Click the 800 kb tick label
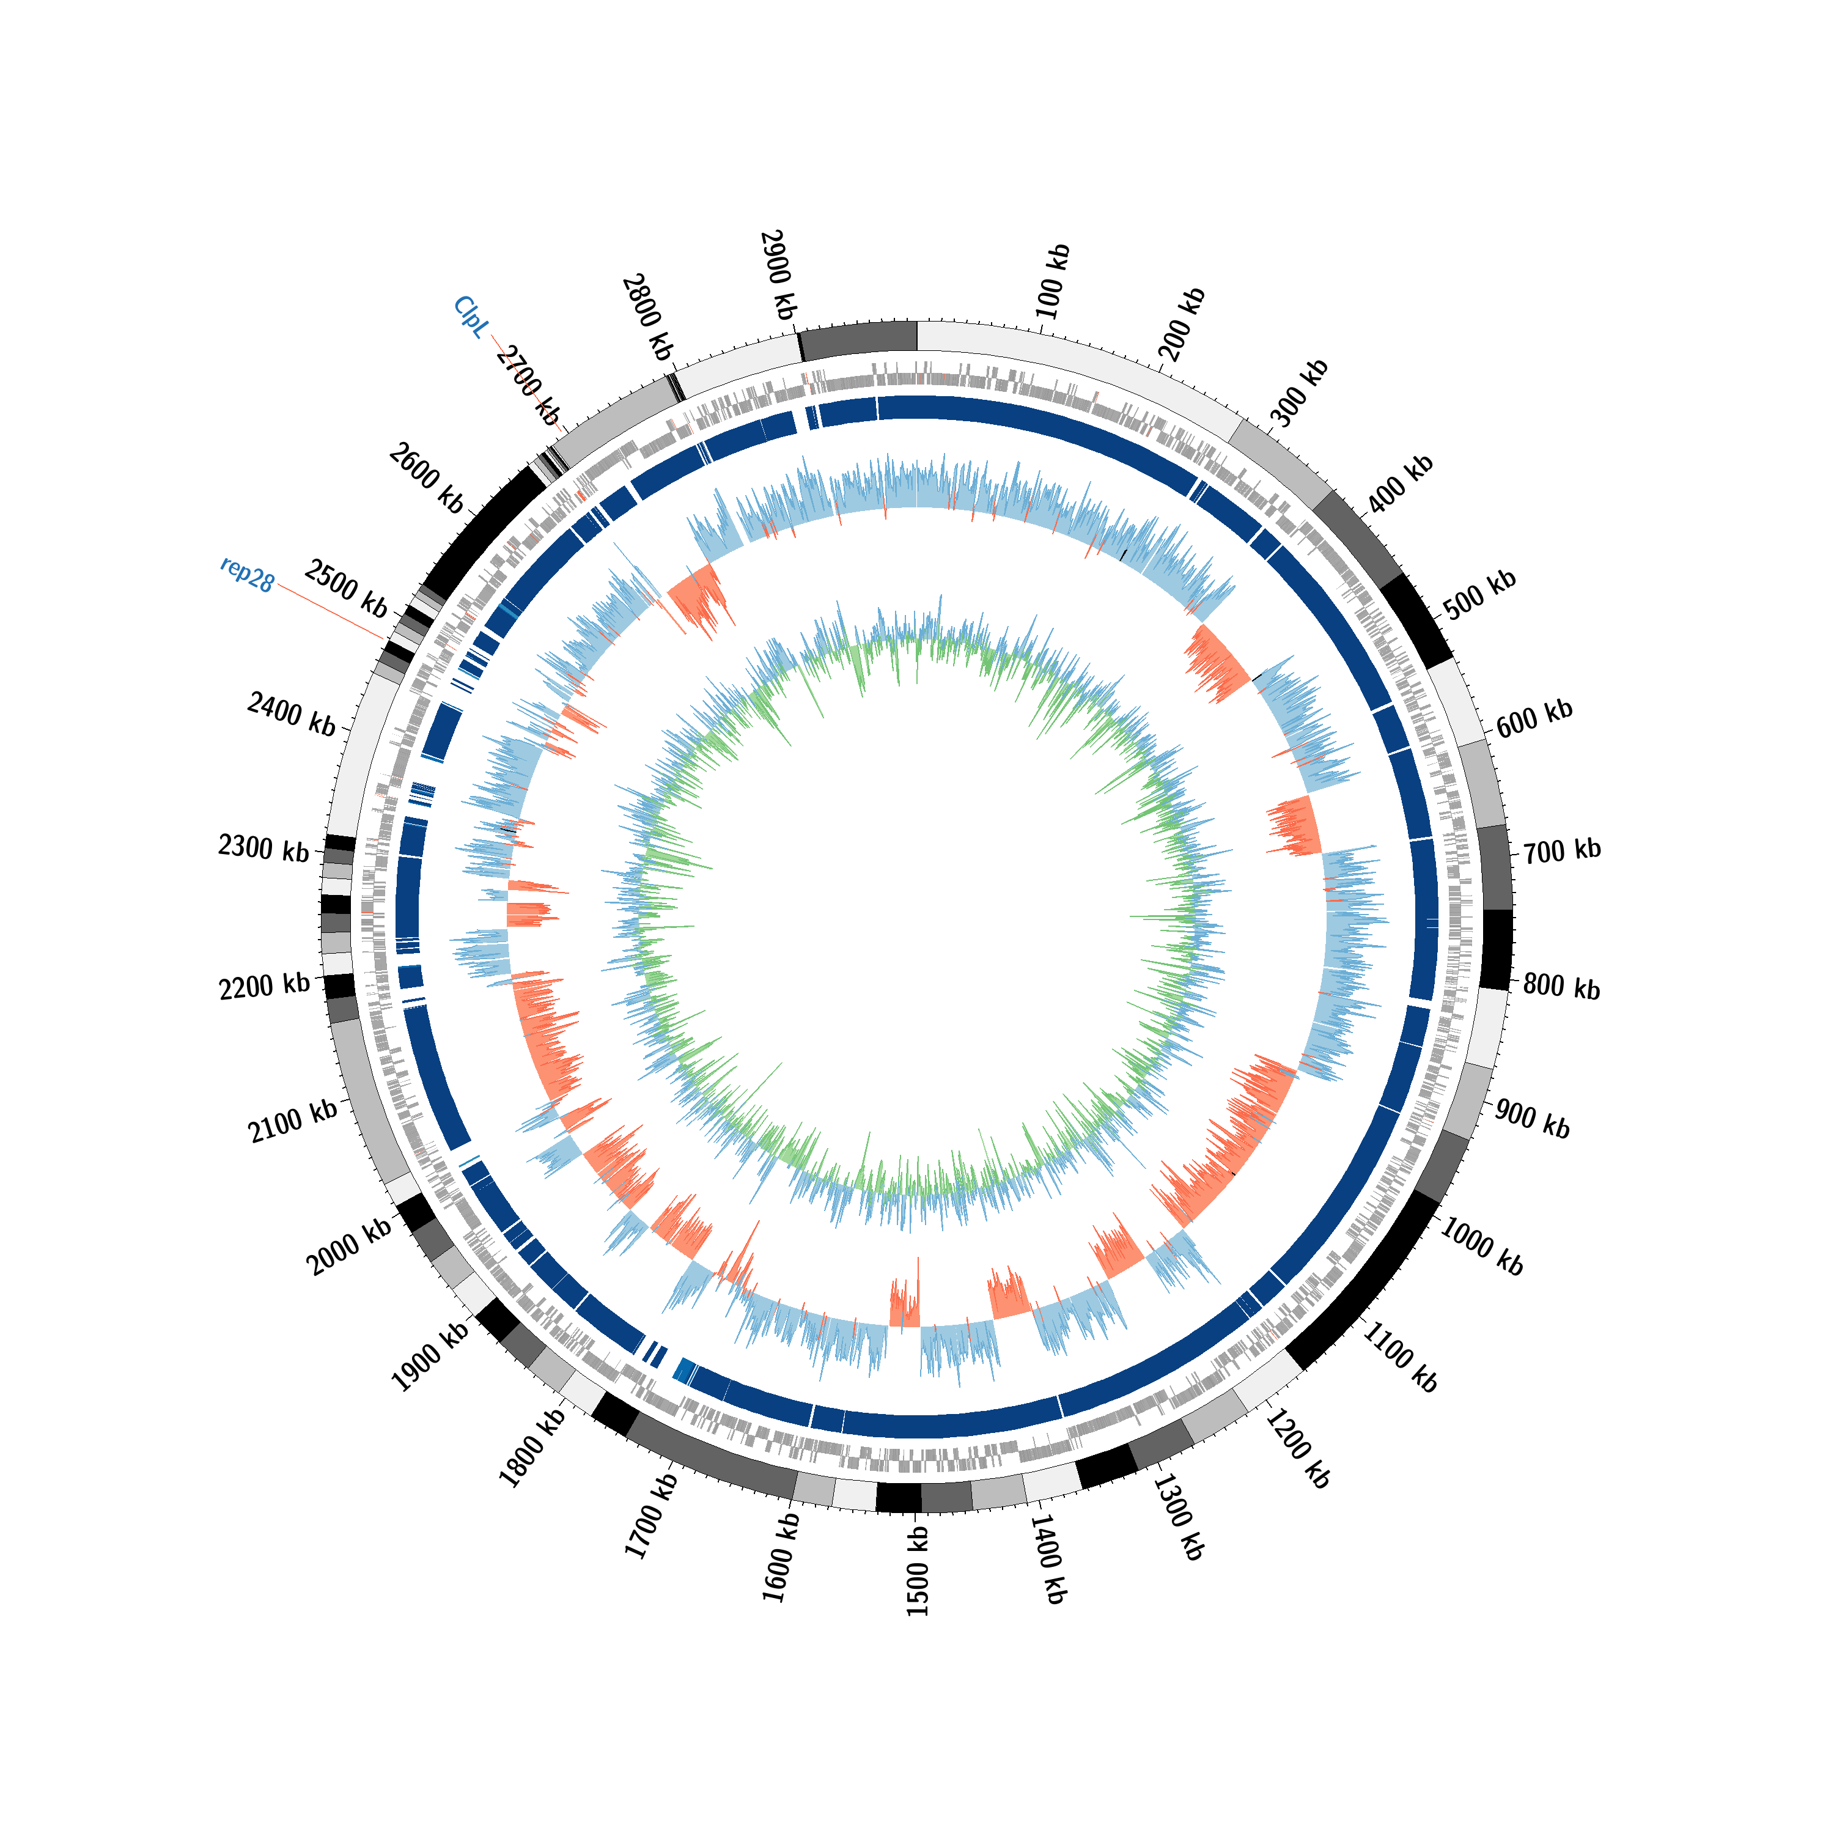coord(1561,988)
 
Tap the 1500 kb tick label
coord(917,1571)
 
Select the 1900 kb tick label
coord(430,1357)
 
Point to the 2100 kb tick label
coord(292,1121)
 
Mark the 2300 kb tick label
coord(264,848)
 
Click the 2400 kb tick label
coord(292,714)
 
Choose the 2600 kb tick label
coord(426,479)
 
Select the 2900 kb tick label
coord(778,274)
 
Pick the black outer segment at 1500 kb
coord(898,1498)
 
